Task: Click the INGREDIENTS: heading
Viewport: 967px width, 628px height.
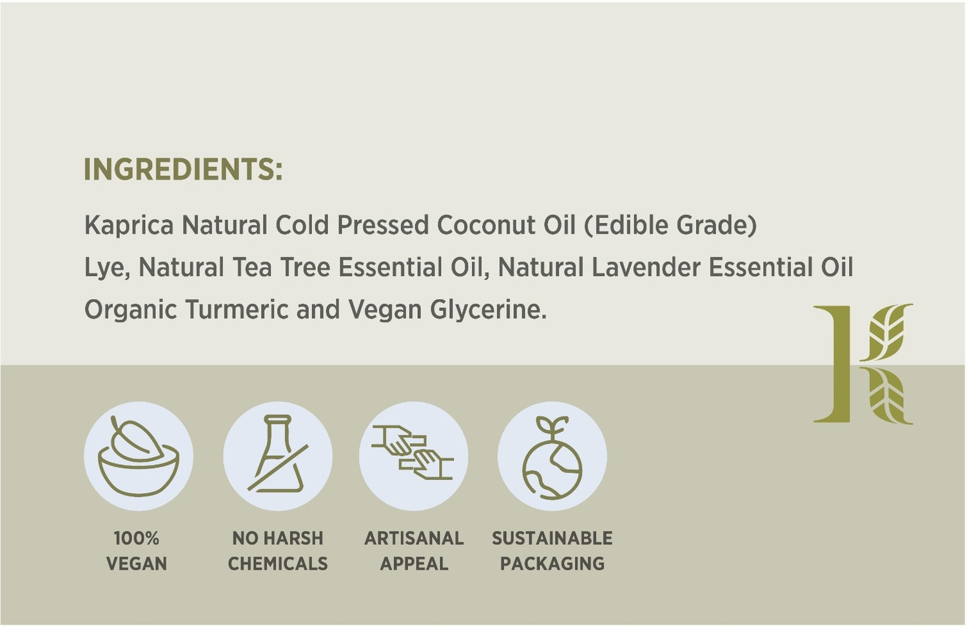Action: pyautogui.click(x=183, y=170)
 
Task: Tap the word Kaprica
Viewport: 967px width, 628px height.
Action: pyautogui.click(x=129, y=226)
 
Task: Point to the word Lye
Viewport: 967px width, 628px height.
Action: pyautogui.click(x=106, y=268)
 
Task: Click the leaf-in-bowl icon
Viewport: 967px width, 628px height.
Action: pyautogui.click(x=138, y=456)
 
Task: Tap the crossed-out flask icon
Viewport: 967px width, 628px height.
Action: pyautogui.click(x=278, y=456)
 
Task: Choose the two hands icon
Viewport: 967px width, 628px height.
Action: pyautogui.click(x=413, y=456)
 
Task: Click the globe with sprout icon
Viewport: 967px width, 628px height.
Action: pyautogui.click(x=552, y=456)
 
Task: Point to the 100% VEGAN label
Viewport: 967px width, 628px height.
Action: pyautogui.click(x=137, y=551)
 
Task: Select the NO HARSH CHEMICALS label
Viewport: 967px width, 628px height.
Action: pyautogui.click(x=278, y=551)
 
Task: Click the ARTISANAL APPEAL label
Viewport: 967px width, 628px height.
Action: pyautogui.click(x=414, y=551)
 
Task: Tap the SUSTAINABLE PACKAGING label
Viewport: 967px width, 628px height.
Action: pyautogui.click(x=552, y=551)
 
